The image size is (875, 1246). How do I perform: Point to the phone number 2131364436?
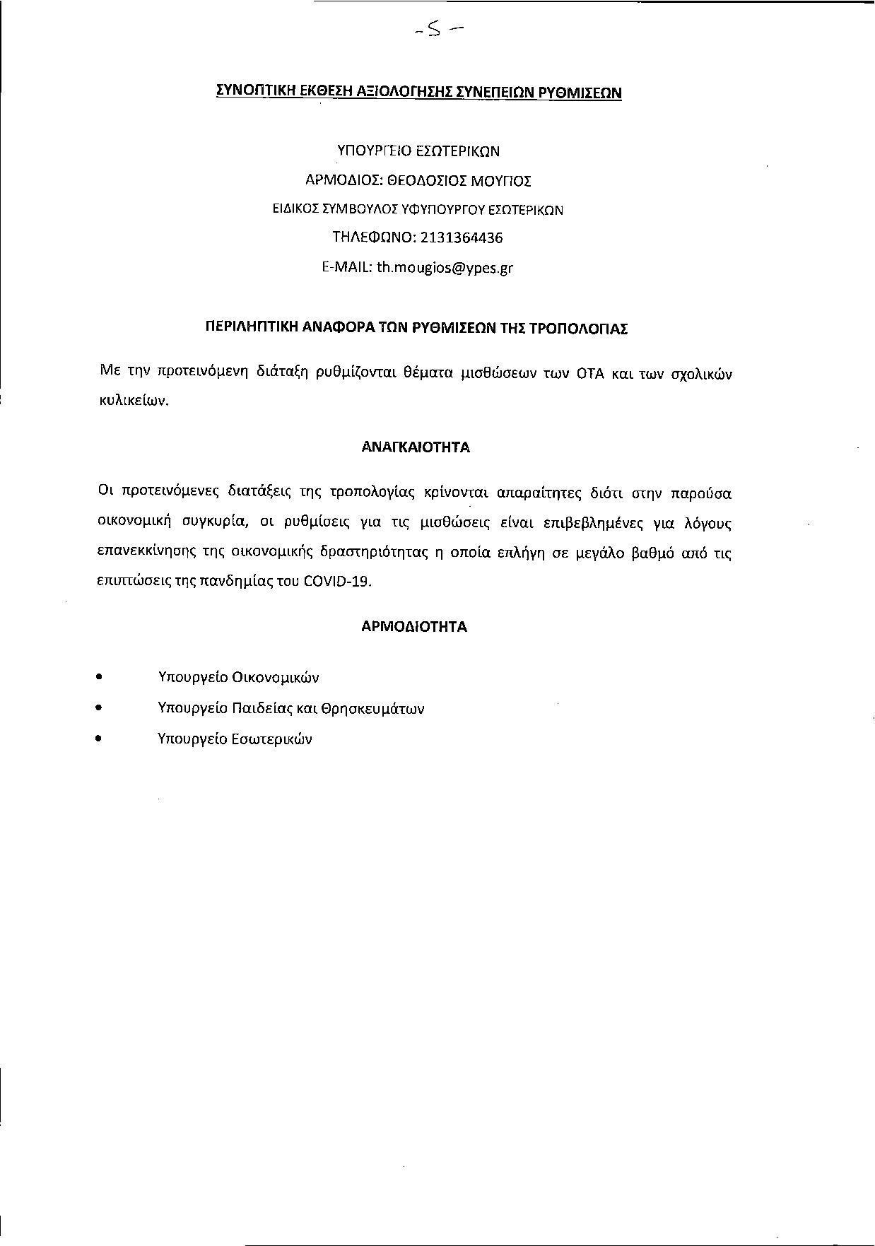point(462,237)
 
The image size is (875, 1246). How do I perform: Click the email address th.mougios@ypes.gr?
point(445,268)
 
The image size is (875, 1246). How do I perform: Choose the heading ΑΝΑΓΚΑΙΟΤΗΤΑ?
point(416,447)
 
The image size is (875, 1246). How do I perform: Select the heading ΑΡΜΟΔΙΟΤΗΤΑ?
point(414,626)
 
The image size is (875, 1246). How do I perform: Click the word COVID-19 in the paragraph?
point(336,582)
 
